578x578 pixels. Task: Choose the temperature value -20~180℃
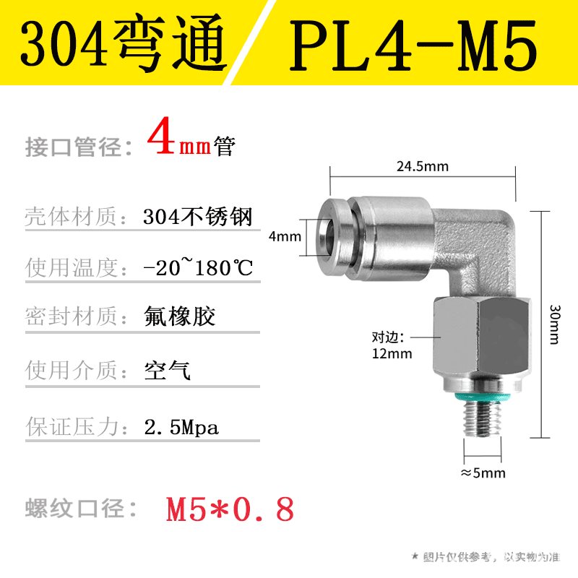point(199,268)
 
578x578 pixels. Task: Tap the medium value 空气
point(167,371)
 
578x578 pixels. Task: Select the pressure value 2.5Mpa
point(181,427)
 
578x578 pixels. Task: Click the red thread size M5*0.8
point(230,510)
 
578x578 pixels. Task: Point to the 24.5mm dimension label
point(422,167)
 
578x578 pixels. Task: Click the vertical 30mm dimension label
point(554,324)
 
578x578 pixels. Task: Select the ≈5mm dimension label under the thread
point(483,473)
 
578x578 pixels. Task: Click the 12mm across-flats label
point(392,353)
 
